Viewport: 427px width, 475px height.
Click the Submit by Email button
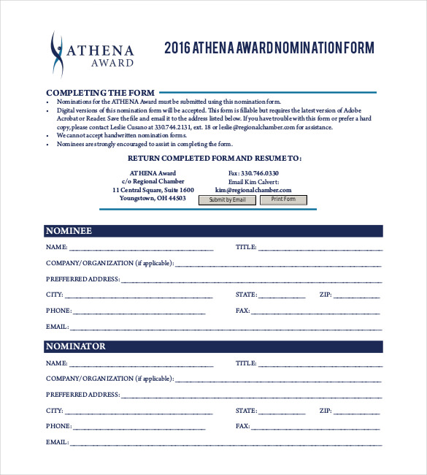227,199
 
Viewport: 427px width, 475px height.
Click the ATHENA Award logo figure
58,55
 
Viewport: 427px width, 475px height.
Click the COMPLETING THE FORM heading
100,92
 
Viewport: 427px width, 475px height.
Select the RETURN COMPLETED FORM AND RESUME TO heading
215,158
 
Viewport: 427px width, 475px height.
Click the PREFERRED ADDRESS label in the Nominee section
82,279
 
